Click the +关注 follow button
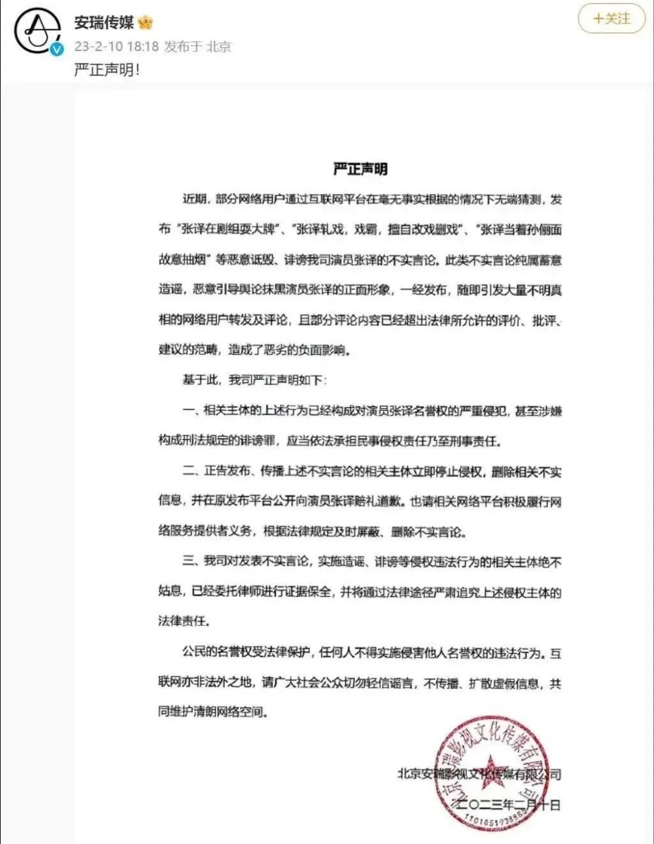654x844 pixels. click(x=611, y=19)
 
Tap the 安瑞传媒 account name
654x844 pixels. click(x=104, y=23)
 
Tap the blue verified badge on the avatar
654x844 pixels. click(x=58, y=49)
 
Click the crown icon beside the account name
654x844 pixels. click(x=145, y=23)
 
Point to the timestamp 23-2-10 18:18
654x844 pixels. click(x=116, y=46)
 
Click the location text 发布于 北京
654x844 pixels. click(x=198, y=46)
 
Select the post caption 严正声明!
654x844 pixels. click(x=107, y=69)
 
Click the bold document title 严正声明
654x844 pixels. click(x=360, y=169)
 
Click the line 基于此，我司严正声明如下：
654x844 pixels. click(x=255, y=380)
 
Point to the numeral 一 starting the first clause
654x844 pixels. click(x=189, y=411)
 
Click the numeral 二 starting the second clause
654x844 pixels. click(x=189, y=471)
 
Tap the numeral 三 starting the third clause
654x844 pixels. click(x=189, y=561)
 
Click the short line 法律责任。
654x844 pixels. click(x=184, y=620)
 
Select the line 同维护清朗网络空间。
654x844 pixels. click(x=213, y=711)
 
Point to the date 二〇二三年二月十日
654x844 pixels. click(x=507, y=805)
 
